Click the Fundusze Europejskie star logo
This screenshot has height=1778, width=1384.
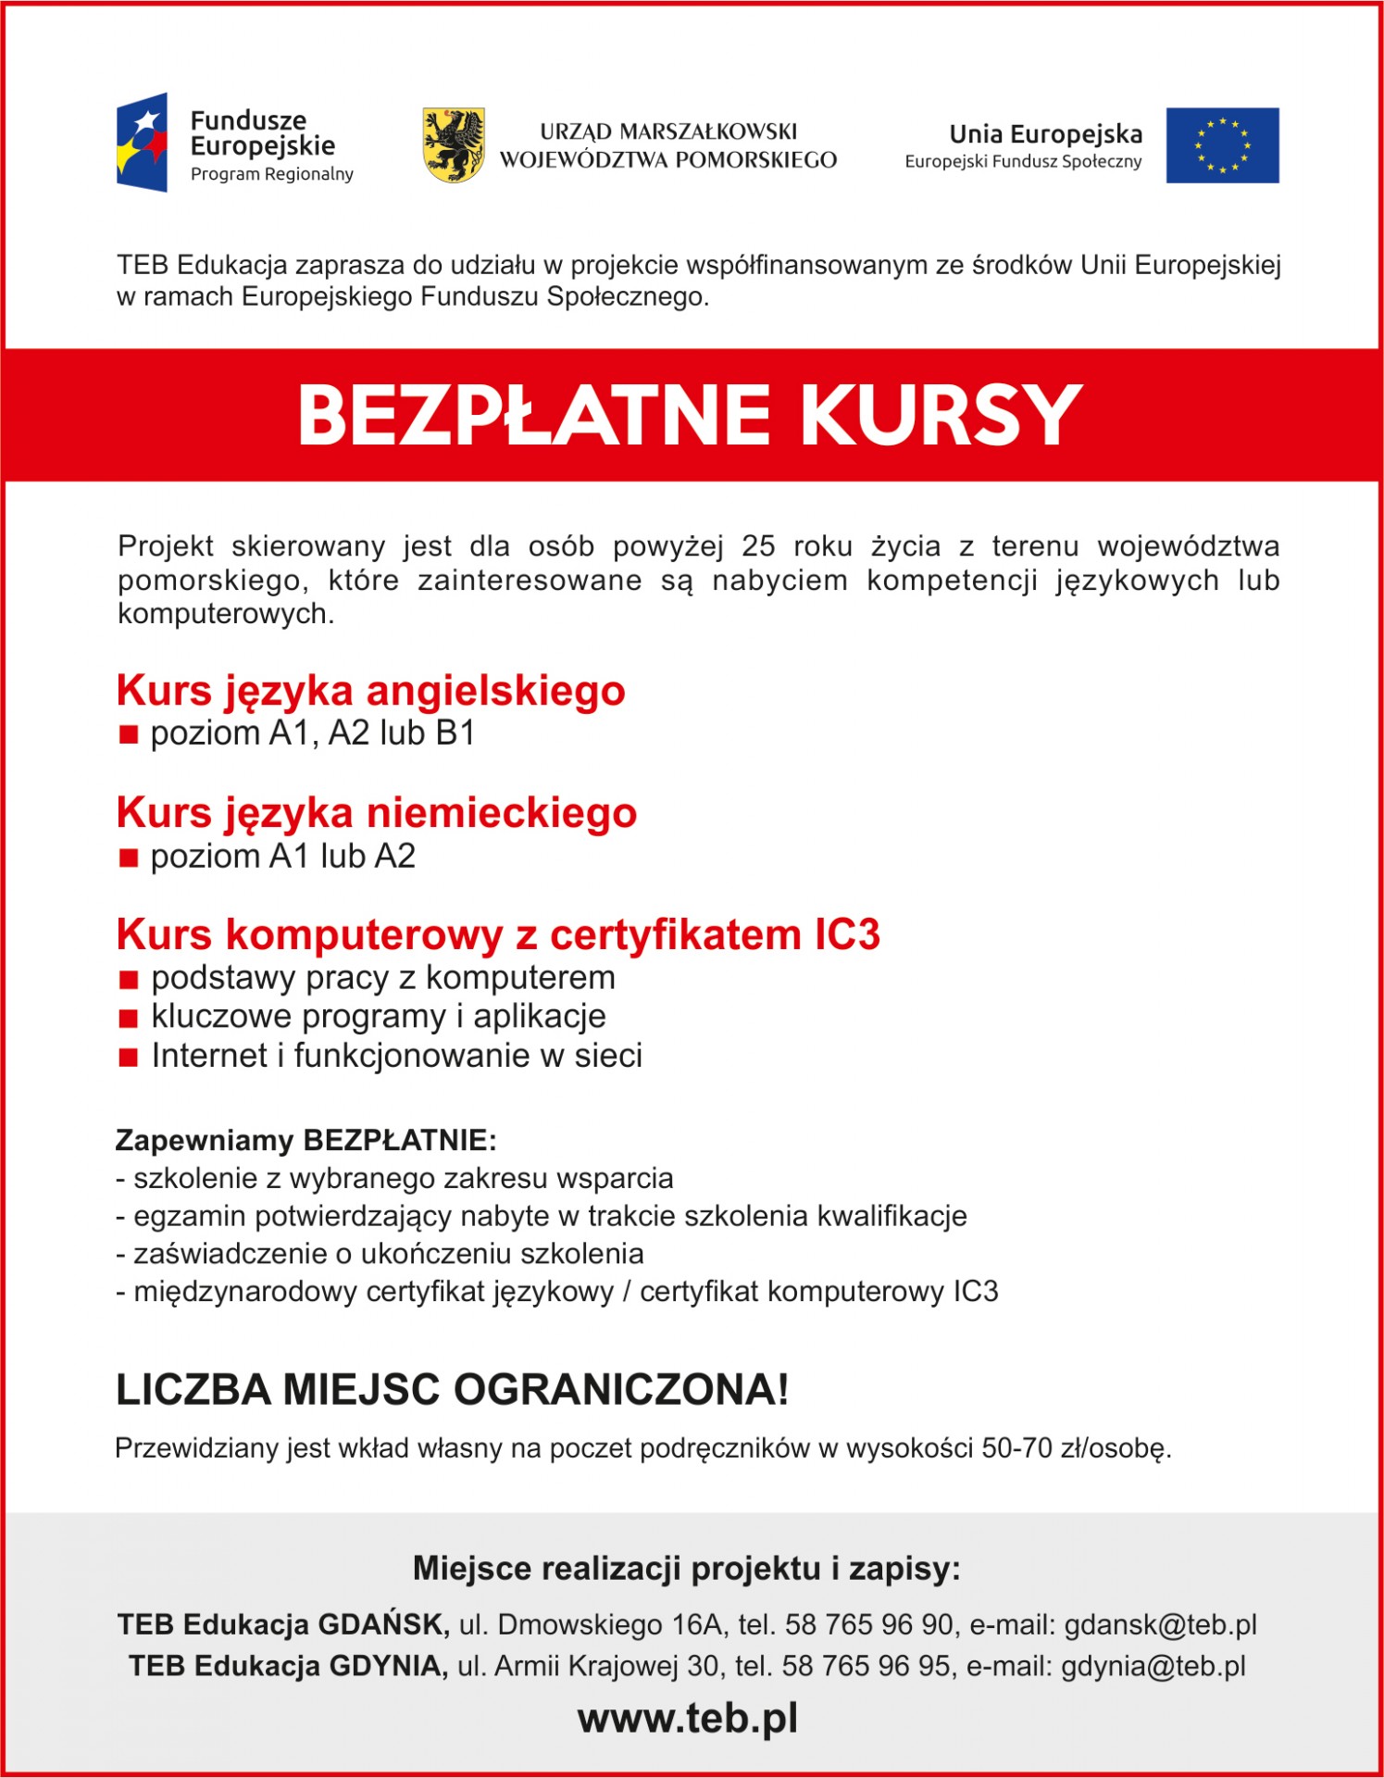tap(143, 142)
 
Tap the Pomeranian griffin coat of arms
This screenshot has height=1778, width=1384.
tap(454, 144)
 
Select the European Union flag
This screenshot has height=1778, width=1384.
tap(1222, 145)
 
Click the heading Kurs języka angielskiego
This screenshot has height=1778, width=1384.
tap(371, 691)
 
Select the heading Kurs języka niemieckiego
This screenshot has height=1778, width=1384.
tap(377, 813)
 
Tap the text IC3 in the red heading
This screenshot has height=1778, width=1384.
tap(847, 934)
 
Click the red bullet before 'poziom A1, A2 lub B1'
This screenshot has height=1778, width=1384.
tap(129, 735)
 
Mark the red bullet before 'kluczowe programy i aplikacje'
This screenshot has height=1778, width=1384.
tap(129, 1019)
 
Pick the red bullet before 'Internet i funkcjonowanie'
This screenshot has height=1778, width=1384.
tap(129, 1058)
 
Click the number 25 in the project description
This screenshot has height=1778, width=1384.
tap(758, 546)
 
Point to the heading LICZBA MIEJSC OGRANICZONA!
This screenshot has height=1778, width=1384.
tap(452, 1390)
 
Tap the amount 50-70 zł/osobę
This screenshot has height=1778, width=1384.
tap(1076, 1448)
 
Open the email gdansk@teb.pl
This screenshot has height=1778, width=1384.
tap(1160, 1625)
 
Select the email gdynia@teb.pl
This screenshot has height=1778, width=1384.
tap(1153, 1666)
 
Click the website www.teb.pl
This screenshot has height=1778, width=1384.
tap(688, 1718)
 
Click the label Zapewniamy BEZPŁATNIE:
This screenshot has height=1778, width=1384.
tap(305, 1140)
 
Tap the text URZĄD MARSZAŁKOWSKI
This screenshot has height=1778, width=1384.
tap(668, 131)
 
